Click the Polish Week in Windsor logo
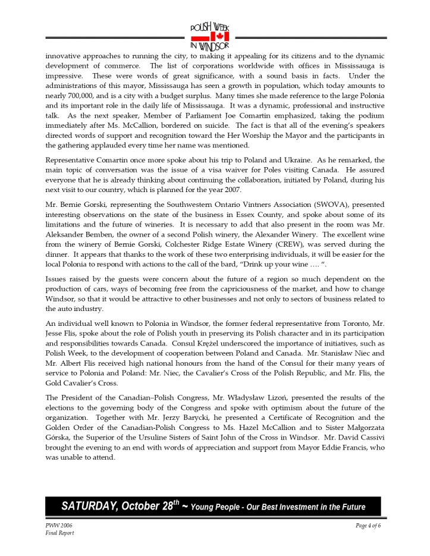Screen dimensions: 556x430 click(209, 37)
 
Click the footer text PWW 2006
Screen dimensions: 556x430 click(57, 526)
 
